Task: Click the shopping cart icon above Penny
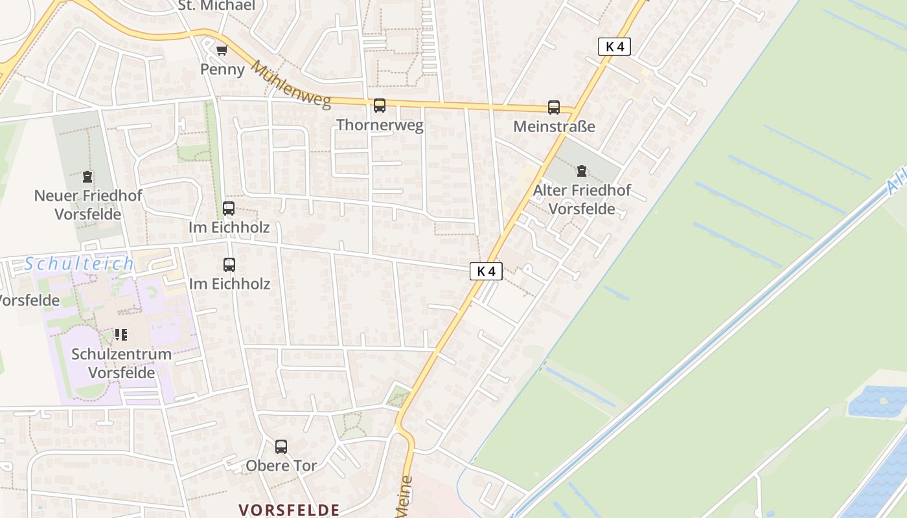tap(222, 51)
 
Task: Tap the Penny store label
tap(222, 69)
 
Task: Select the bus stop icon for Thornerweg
tap(380, 106)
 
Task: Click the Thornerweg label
tap(380, 125)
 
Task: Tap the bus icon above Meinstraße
tap(554, 107)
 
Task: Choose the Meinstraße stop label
tap(554, 126)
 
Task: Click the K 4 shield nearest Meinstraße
tap(614, 47)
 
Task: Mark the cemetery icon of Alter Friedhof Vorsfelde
tap(582, 171)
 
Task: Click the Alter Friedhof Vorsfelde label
tap(582, 199)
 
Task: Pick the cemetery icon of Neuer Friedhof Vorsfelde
tap(87, 176)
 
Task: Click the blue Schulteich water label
tap(79, 264)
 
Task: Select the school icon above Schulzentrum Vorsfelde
tap(121, 335)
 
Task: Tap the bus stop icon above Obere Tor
tap(281, 446)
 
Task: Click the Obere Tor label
tap(281, 466)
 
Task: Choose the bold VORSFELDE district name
tap(289, 510)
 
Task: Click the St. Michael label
tap(216, 6)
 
